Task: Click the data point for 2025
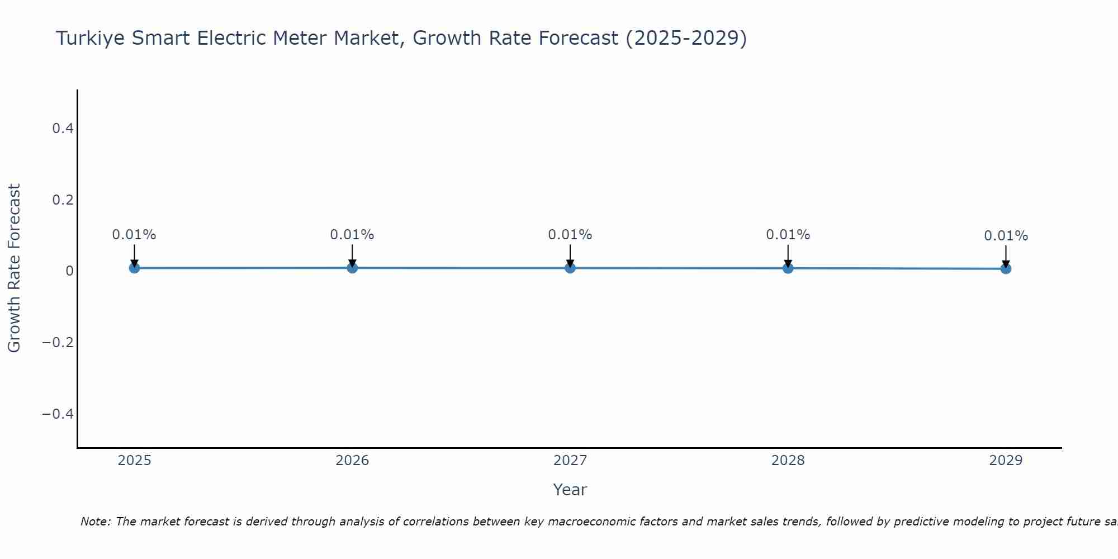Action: (134, 268)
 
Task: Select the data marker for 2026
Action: (352, 268)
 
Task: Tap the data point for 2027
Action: (570, 268)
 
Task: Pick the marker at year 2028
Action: (788, 268)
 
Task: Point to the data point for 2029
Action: (1006, 269)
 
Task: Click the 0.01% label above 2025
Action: (134, 235)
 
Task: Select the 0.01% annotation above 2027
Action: (570, 235)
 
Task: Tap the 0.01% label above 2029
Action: (1006, 236)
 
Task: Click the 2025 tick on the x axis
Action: (135, 461)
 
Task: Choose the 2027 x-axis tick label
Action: (570, 461)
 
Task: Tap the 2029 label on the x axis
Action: (1006, 461)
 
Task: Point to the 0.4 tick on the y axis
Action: (63, 129)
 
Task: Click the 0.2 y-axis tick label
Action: (63, 200)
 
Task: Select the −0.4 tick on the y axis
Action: (58, 414)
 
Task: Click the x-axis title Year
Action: (570, 490)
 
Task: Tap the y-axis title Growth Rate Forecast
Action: (14, 268)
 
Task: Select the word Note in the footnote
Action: (95, 522)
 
